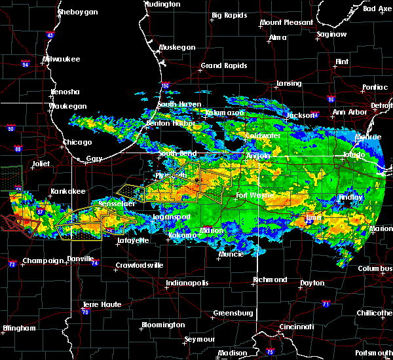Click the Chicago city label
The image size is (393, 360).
point(78,142)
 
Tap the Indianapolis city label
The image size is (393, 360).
point(187,283)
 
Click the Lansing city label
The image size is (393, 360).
point(288,84)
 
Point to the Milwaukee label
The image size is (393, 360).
point(60,59)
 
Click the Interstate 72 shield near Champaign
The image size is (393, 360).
point(12,264)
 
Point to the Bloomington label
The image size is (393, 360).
point(163,325)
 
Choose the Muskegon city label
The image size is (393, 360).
point(178,48)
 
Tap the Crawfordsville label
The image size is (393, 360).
point(138,265)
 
